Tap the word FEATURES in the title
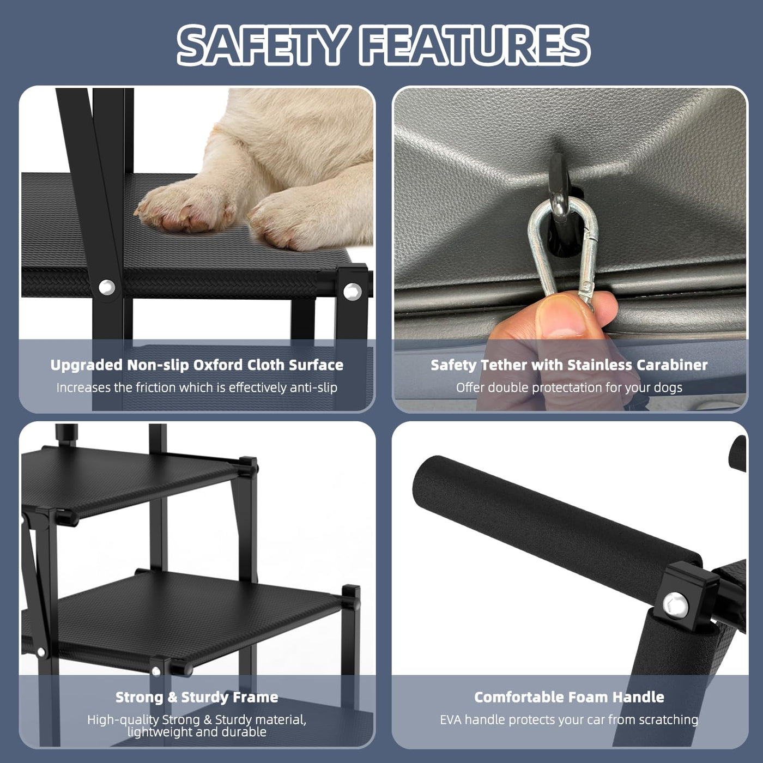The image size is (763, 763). (475, 45)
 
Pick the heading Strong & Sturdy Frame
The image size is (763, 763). (197, 708)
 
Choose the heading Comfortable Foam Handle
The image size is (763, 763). (569, 708)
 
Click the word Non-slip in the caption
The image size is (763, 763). (158, 365)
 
